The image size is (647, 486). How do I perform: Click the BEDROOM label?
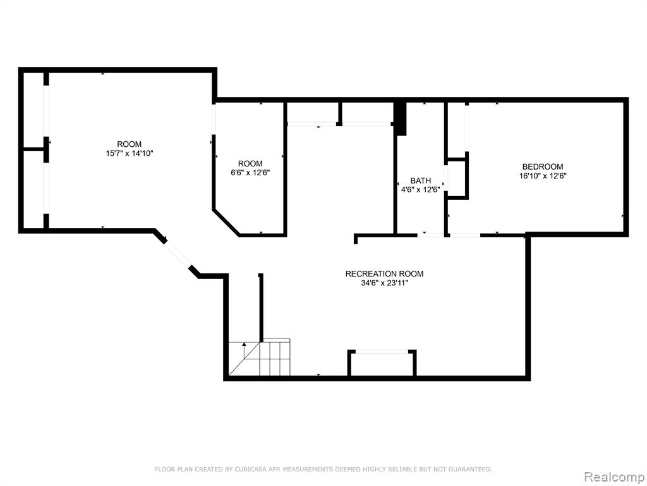pos(543,166)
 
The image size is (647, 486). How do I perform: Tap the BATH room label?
pos(420,180)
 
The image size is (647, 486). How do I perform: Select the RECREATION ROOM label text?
pos(384,273)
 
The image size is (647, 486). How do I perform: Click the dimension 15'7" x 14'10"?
pos(130,153)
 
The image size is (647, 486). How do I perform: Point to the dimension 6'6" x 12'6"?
pos(250,173)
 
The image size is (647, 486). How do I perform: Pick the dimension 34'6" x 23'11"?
pos(384,283)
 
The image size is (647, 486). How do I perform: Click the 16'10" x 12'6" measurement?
pos(543,176)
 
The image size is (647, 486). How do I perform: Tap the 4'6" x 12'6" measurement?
pos(420,190)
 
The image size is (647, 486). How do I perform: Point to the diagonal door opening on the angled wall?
pos(178,254)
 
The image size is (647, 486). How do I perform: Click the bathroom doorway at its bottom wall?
pos(430,235)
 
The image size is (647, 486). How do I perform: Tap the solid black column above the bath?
pos(400,118)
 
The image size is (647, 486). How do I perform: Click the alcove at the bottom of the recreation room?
pos(382,364)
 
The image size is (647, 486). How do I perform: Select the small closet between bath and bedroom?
pos(457,178)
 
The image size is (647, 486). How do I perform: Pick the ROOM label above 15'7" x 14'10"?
pos(130,144)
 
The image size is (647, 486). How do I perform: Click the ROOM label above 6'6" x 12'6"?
pos(250,164)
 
